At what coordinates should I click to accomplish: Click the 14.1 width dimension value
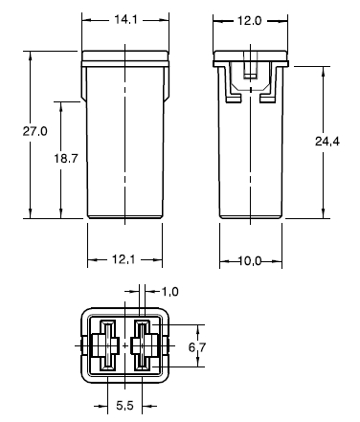click(125, 20)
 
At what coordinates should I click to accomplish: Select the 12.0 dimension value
click(249, 21)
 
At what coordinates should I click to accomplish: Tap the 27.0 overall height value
click(34, 131)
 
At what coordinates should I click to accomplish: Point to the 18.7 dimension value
click(65, 158)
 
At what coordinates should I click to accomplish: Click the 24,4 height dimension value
click(327, 141)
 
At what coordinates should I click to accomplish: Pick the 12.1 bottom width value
click(124, 259)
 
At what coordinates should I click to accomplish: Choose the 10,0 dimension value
click(250, 261)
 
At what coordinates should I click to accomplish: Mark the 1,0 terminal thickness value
click(170, 292)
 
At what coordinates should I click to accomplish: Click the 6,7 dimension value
click(197, 347)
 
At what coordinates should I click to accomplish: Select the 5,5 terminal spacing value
click(124, 406)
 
